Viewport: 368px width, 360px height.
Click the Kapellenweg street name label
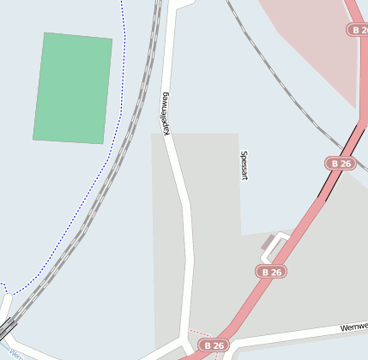pyautogui.click(x=164, y=112)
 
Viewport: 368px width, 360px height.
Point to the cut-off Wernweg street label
pyautogui.click(x=353, y=327)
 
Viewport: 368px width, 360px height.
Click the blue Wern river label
pyautogui.click(x=15, y=352)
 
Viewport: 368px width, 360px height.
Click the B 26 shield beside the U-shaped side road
pyautogui.click(x=271, y=271)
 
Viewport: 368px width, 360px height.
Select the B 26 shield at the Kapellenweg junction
pyautogui.click(x=214, y=345)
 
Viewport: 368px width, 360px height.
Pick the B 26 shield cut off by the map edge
pyautogui.click(x=359, y=29)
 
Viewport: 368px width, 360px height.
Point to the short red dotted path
pyautogui.click(x=199, y=331)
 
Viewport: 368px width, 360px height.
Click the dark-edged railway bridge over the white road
pyautogui.click(x=8, y=327)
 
